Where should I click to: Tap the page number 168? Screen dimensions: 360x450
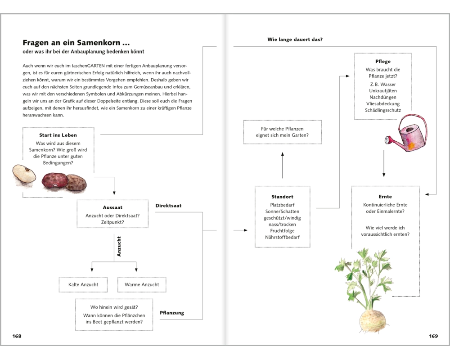(17, 336)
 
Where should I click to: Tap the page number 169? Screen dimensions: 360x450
(433, 336)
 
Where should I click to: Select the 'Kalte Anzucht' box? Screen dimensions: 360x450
(83, 284)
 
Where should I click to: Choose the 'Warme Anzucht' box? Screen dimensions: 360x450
(141, 284)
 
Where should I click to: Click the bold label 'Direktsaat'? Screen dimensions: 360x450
(168, 206)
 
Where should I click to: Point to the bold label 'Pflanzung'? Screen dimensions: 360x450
(172, 313)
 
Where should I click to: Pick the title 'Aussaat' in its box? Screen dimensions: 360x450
(112, 207)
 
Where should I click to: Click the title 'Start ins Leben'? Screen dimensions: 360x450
(58, 135)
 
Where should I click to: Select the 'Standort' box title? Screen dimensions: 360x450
(282, 197)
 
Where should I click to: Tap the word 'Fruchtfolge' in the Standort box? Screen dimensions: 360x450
(282, 231)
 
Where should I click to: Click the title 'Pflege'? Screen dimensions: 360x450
(383, 62)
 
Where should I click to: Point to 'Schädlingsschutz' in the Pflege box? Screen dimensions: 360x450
(383, 110)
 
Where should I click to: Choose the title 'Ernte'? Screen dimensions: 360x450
(385, 197)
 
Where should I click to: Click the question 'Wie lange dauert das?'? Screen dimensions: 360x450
(295, 40)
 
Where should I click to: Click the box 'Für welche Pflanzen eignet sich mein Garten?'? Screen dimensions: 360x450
(282, 132)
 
